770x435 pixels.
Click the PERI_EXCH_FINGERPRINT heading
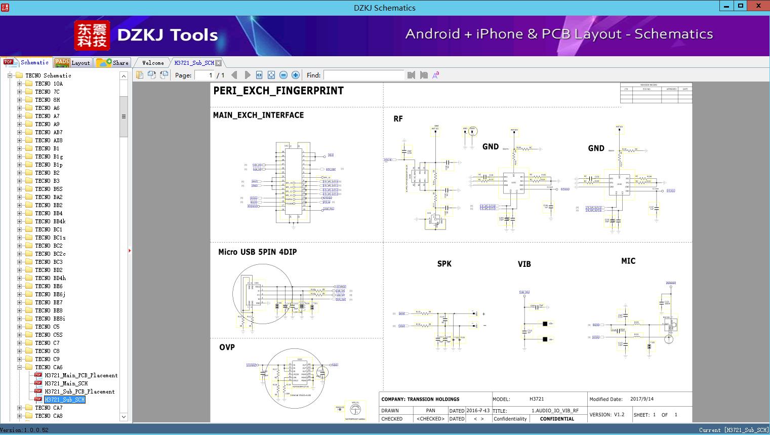pos(278,91)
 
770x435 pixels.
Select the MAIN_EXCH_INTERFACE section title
pos(258,115)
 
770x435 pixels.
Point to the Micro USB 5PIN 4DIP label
pos(257,252)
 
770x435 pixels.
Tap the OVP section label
pos(227,347)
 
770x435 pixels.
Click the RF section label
pos(398,119)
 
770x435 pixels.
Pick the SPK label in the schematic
pos(444,264)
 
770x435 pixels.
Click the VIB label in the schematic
pos(524,264)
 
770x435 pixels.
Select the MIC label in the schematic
pos(628,261)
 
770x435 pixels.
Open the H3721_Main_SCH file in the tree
pos(66,383)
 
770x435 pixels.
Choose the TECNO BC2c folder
pos(50,254)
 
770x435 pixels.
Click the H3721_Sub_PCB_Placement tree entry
pos(79,391)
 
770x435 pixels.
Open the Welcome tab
pos(153,63)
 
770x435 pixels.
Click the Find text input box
pos(363,75)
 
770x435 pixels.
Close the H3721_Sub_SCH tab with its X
pos(218,63)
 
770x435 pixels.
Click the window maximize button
pos(741,6)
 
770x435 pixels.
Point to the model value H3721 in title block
pos(537,399)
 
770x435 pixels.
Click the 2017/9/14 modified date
pos(641,399)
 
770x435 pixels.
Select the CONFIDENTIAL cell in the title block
pos(557,419)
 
